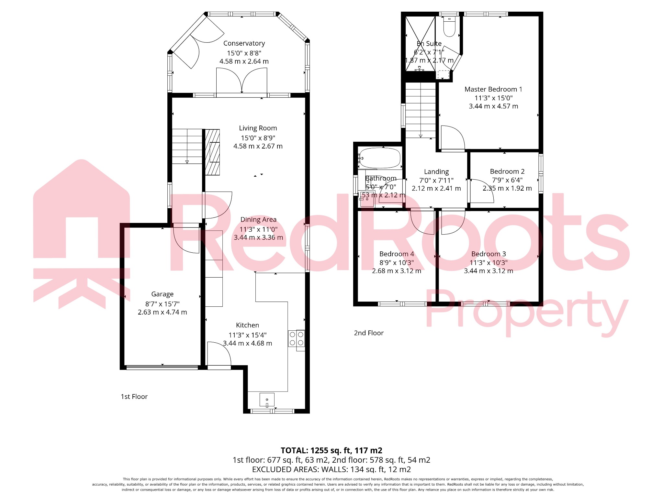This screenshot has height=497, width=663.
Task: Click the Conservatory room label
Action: (x=244, y=43)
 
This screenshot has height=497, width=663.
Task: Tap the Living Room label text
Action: (x=258, y=128)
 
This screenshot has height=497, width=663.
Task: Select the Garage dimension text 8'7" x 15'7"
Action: (x=162, y=304)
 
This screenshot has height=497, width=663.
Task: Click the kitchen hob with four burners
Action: (x=296, y=338)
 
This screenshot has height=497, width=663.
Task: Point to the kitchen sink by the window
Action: (x=267, y=400)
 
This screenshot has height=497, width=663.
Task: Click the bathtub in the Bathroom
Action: (x=380, y=158)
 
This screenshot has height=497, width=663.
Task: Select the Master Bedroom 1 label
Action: (x=493, y=89)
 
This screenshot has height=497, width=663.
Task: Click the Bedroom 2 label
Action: (x=507, y=171)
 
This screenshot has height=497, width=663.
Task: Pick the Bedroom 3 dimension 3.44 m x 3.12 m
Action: (x=488, y=271)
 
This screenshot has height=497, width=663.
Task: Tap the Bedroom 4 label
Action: (x=397, y=254)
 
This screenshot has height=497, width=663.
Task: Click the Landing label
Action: (x=436, y=172)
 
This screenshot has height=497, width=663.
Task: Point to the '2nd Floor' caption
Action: (x=368, y=333)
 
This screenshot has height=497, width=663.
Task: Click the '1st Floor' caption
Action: (x=134, y=397)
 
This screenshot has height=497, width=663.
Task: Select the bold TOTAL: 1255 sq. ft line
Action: (x=331, y=450)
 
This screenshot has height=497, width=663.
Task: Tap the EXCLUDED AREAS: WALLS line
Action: (x=331, y=469)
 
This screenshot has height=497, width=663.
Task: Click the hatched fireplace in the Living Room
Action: (x=212, y=152)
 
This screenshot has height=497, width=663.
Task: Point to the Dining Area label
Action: (x=258, y=220)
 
